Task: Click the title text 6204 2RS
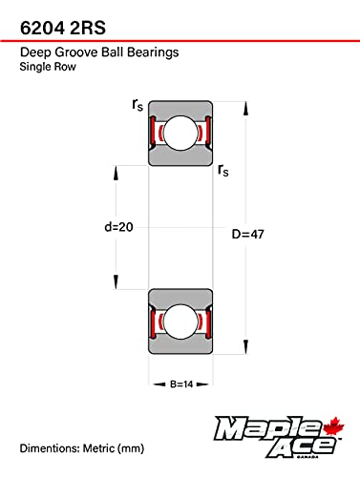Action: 63,28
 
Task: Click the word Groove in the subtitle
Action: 75,52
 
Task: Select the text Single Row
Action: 48,67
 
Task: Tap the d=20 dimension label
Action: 118,227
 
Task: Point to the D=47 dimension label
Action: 248,235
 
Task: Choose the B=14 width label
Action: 181,384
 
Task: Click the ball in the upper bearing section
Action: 180,133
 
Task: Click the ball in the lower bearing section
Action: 180,321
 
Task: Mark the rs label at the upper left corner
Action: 138,105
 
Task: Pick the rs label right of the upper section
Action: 223,170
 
